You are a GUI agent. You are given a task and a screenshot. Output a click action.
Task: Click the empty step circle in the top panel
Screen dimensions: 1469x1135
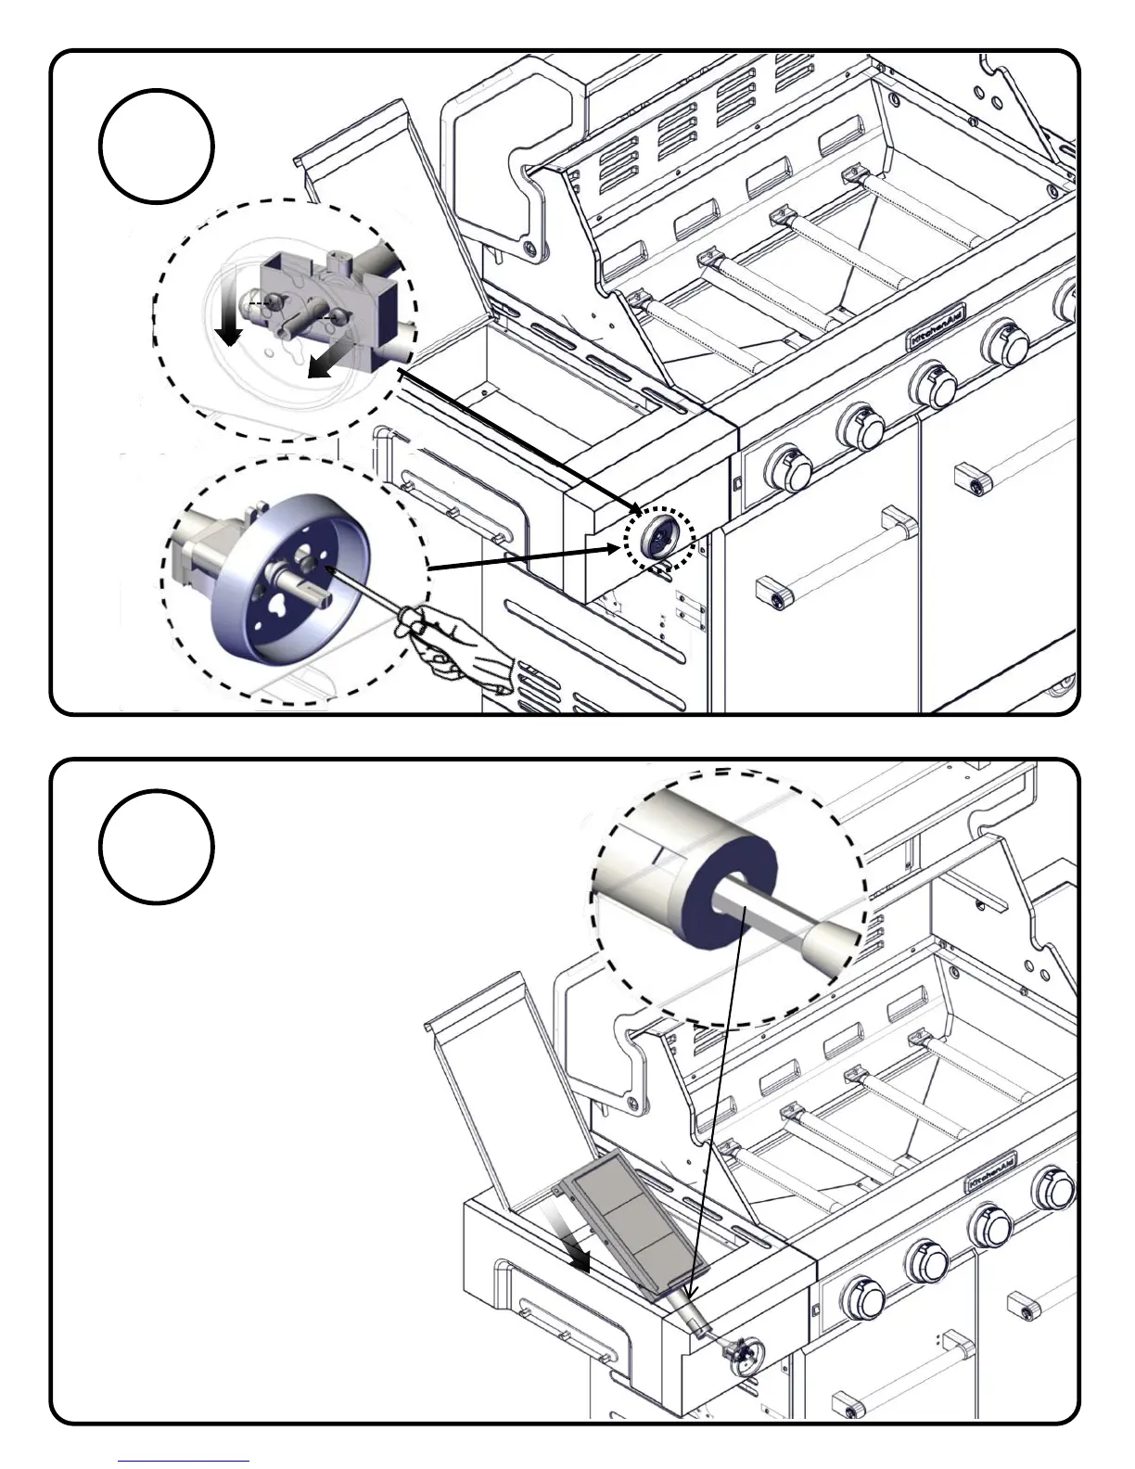[156, 147]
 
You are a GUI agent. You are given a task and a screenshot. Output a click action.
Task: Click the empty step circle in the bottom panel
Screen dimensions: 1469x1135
[156, 846]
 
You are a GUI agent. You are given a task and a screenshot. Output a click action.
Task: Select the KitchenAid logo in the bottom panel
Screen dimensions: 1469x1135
[991, 1171]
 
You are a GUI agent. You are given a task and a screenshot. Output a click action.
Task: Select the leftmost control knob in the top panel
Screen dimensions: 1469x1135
[789, 467]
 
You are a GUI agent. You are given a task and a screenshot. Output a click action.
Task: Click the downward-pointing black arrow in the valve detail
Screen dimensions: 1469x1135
[228, 319]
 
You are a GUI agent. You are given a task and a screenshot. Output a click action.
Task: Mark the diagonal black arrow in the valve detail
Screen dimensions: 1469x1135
[330, 357]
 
